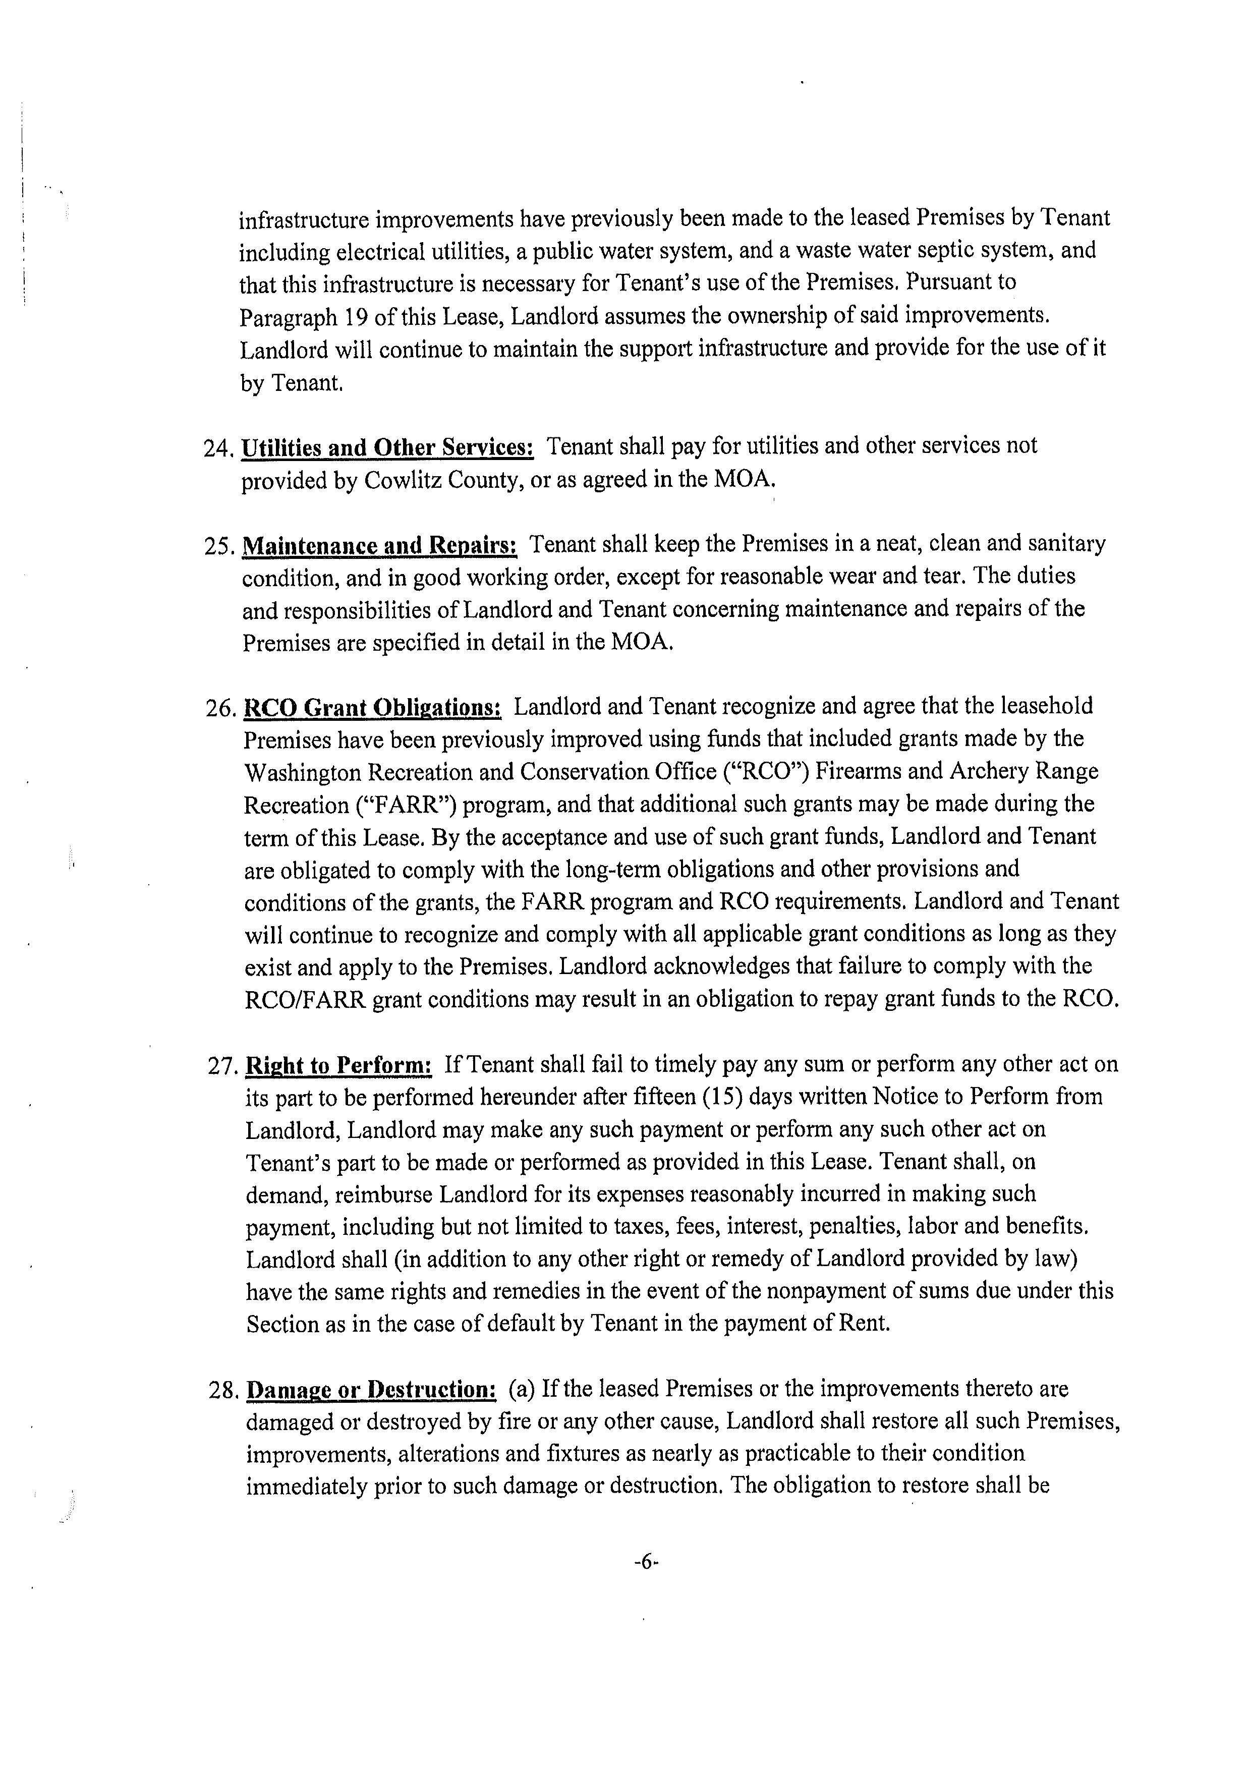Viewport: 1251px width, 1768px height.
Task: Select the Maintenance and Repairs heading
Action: (380, 545)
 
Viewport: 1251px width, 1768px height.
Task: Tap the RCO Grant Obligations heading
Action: (373, 707)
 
